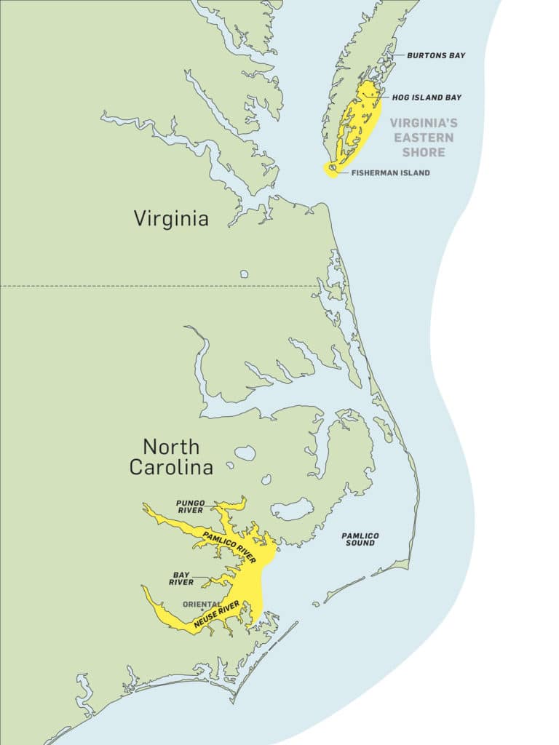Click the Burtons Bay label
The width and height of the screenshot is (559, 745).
436,55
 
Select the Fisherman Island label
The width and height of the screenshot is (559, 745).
390,173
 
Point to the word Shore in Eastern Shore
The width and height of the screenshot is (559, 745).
425,152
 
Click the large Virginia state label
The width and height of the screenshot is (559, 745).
171,218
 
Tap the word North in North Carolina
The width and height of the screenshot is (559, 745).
171,446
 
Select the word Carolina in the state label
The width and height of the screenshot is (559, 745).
171,468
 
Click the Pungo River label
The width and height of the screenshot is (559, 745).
189,506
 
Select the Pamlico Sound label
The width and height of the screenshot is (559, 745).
360,539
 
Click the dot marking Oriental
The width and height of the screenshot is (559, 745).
202,610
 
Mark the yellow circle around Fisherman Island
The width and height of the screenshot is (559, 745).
332,170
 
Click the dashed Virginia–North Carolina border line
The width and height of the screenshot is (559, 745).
146,286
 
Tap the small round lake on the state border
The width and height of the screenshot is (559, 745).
244,275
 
